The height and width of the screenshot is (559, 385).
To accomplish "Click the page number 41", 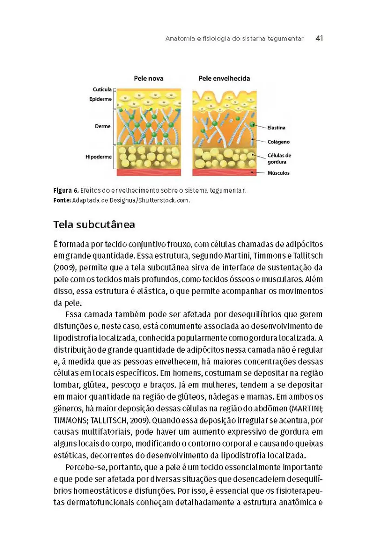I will click(319, 39).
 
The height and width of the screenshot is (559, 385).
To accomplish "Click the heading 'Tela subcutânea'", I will click(94, 225).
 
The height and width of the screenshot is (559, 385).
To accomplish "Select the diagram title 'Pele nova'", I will click(149, 78).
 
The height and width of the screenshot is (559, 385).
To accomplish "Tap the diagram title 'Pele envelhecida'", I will click(224, 78).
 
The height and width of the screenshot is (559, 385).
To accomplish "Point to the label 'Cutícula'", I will click(102, 89).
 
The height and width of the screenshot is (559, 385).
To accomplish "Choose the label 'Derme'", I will click(102, 126).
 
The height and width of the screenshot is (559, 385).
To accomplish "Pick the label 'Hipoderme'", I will click(99, 157).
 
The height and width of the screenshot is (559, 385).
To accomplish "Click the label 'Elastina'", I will click(277, 127).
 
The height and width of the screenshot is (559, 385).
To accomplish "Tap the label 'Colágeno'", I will click(278, 142).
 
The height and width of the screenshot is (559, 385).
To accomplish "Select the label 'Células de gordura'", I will click(279, 159).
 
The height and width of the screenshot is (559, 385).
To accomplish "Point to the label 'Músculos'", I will click(278, 173).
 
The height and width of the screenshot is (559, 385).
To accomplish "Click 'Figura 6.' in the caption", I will click(65, 191).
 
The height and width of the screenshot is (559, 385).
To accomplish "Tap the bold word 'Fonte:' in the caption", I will click(62, 200).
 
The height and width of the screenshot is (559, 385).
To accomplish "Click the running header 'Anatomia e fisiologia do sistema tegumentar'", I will click(234, 39).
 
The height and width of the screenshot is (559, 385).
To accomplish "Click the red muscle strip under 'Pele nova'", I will click(149, 172).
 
